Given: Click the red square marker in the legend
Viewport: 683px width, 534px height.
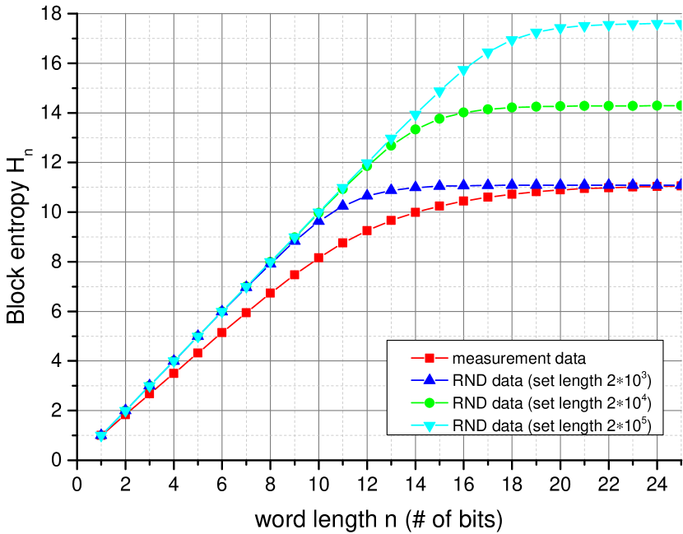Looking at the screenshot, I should click(x=429, y=359).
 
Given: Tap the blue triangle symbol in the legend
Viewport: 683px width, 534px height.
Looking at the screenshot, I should click(x=429, y=380).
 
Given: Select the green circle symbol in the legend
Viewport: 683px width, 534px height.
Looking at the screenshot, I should click(x=429, y=403).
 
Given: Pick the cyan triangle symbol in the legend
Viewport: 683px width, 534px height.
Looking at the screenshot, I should click(x=429, y=425).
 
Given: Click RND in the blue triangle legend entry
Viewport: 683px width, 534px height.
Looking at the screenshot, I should click(x=467, y=381).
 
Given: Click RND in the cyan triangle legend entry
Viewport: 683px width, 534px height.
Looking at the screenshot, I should click(x=467, y=425).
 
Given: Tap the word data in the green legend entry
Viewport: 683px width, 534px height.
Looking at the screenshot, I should click(x=504, y=403).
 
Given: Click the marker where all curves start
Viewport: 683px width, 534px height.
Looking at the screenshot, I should click(x=101, y=435).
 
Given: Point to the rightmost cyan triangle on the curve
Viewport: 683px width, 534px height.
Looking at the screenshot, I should click(x=680, y=25).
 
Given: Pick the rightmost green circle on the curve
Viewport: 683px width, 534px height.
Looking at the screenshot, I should click(x=680, y=105).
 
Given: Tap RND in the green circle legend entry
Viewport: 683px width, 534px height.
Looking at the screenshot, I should click(x=467, y=403).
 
